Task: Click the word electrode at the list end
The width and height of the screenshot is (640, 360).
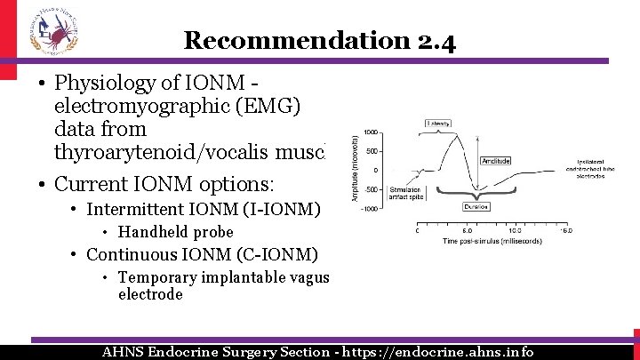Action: click(150, 294)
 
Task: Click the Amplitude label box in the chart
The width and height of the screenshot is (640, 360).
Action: click(495, 161)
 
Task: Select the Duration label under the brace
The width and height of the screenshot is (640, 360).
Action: click(476, 206)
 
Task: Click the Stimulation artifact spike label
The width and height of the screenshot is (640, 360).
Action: click(404, 195)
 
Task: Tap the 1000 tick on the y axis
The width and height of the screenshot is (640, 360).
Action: click(371, 132)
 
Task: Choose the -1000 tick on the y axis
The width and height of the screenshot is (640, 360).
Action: click(369, 208)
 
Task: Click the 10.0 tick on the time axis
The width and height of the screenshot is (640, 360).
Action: click(515, 231)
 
